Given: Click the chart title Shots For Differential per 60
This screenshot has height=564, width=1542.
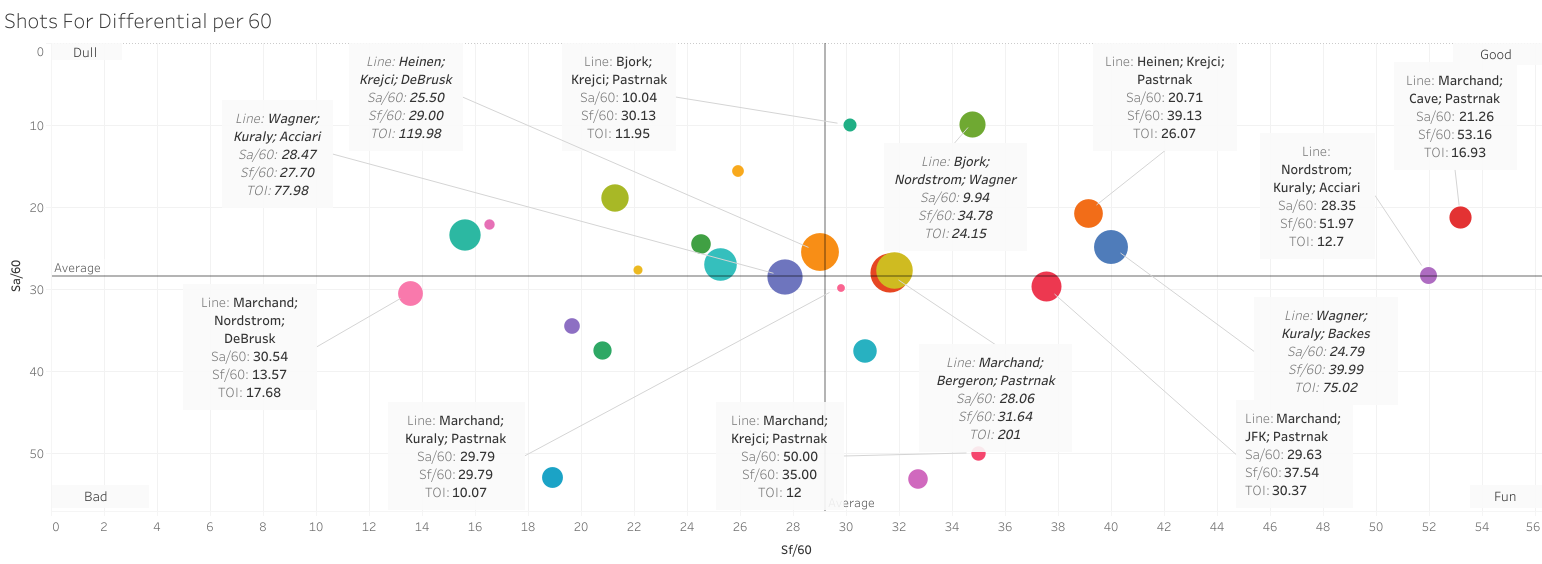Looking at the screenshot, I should [x=138, y=21].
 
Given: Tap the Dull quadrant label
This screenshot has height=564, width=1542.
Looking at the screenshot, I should [x=85, y=52].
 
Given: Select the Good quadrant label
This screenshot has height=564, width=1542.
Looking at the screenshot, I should [x=1496, y=54].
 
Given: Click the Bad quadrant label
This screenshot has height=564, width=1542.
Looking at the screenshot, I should [x=96, y=496].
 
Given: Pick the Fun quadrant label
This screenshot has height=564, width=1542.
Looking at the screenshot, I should [x=1504, y=496].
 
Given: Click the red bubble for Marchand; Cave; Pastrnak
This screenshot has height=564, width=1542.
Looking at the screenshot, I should [x=1460, y=217].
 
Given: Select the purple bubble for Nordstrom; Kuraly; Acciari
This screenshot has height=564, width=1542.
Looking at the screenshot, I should [x=1428, y=275].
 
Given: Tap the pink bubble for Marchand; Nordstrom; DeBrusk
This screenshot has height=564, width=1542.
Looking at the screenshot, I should [x=410, y=293].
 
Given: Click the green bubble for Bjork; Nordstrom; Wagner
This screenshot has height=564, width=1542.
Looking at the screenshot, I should [x=972, y=124].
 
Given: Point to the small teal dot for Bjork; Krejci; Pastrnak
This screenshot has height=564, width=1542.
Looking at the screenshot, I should [x=850, y=125].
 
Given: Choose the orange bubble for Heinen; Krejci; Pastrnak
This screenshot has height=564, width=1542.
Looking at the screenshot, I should [x=1088, y=213].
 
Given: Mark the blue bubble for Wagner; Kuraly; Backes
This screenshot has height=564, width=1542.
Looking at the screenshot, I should [x=1111, y=247].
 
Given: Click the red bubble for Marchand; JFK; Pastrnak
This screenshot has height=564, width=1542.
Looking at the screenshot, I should [x=1046, y=286].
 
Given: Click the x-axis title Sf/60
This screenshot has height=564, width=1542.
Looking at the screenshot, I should [x=796, y=549].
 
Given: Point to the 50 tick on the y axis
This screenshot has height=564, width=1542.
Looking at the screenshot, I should [x=38, y=454].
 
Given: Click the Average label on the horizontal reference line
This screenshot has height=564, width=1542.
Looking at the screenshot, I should [x=77, y=268].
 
